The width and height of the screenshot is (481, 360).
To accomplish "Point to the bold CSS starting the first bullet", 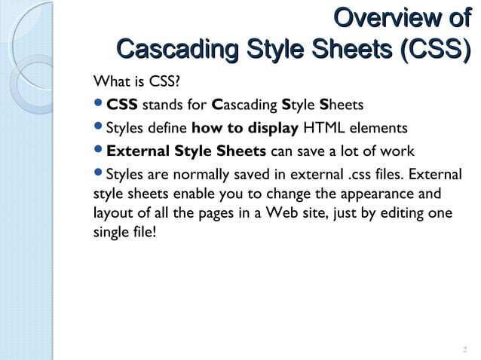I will pos(122,104).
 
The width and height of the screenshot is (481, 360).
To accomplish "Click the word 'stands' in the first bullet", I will pos(161,104).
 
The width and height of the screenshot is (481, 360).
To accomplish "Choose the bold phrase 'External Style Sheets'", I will pos(186,151).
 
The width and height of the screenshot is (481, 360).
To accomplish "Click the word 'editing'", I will pos(398,214).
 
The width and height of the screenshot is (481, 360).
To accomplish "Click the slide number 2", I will pos(464,349).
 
